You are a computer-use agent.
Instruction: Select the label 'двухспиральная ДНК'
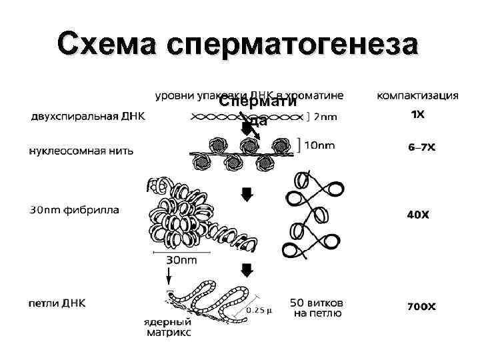pos(87,116)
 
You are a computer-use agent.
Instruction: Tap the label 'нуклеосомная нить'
pos(81,150)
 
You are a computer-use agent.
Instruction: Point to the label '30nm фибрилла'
pos(75,210)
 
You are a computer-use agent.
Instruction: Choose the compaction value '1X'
pos(417,115)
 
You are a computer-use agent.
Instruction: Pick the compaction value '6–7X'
pos(421,147)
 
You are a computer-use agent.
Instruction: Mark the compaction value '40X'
pos(418,215)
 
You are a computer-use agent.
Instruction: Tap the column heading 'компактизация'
pos(417,95)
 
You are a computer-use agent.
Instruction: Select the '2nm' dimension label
pos(325,118)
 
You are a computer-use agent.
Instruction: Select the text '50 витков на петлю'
pos(317,307)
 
